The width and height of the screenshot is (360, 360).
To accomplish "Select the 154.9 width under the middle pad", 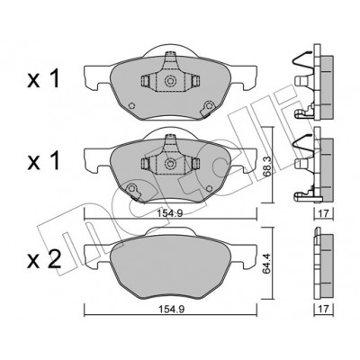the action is coord(171,213).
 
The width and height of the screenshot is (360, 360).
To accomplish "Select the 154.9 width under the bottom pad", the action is coord(171,310).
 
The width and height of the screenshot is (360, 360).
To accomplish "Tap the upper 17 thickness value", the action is coord(323,213).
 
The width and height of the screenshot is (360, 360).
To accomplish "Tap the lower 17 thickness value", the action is coord(323,310).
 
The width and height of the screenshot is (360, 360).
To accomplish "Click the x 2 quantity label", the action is coord(44,259).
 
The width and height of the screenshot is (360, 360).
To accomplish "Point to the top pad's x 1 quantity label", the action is coord(43,79).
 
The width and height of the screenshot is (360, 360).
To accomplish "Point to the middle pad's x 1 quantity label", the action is coord(43,161).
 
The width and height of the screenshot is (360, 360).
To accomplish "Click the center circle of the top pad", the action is coord(170,81).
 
